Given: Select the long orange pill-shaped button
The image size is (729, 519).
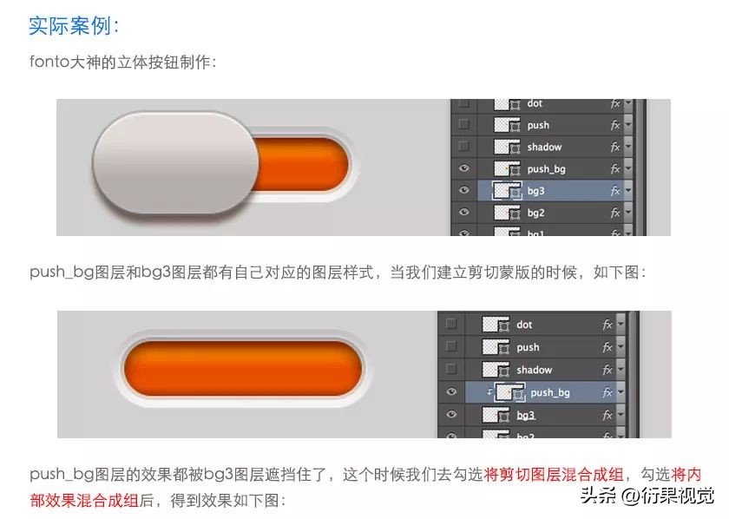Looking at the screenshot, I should (x=241, y=369).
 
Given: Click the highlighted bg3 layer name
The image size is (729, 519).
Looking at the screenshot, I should (x=536, y=191).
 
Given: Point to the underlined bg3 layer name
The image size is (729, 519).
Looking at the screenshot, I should (x=526, y=416).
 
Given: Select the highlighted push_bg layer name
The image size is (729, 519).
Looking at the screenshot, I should (x=550, y=393).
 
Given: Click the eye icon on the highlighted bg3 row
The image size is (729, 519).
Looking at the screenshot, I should (x=464, y=191).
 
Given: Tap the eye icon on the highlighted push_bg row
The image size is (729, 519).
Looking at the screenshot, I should (x=450, y=393).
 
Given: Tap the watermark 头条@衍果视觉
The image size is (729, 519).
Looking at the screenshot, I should (x=647, y=496).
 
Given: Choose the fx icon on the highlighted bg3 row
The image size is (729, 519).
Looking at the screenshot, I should (x=615, y=191).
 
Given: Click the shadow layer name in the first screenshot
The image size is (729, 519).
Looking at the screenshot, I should (x=544, y=147).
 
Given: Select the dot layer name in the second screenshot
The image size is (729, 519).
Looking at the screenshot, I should (x=524, y=325).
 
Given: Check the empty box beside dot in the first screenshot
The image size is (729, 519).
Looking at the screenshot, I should (x=464, y=103).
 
